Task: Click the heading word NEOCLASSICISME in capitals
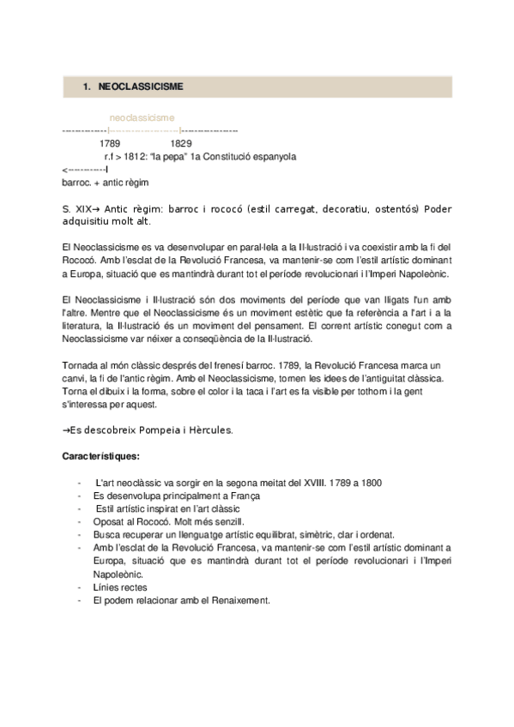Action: (x=140, y=87)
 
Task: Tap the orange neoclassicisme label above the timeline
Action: (x=142, y=117)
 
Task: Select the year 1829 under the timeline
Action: (x=181, y=144)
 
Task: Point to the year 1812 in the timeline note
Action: (x=136, y=157)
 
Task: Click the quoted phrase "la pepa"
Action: (x=166, y=157)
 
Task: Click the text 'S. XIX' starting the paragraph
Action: (x=76, y=208)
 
